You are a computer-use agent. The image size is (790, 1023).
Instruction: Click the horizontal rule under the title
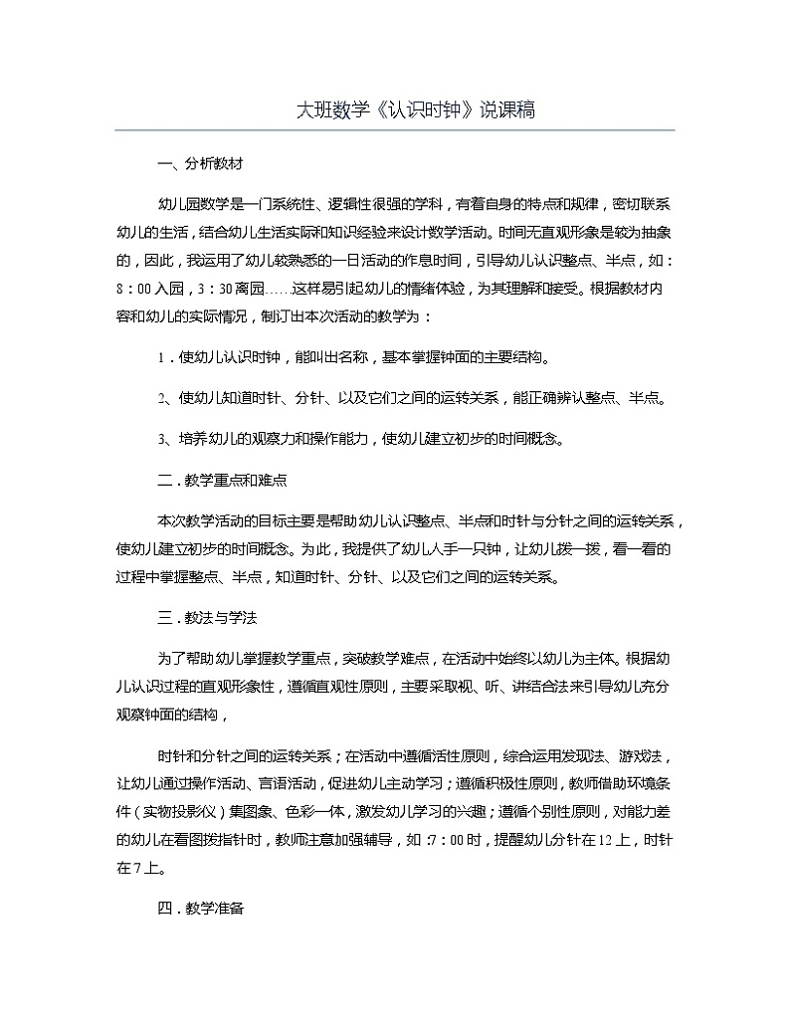pos(395,130)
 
